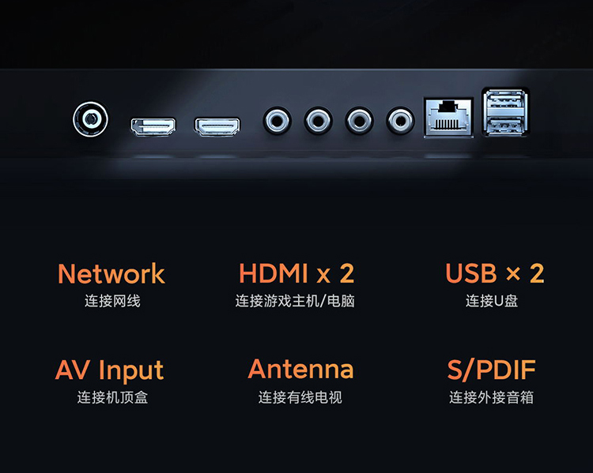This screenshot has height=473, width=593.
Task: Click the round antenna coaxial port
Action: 90,119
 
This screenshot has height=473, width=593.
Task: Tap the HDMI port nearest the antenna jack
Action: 153,126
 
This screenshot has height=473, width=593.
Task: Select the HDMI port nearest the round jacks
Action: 217,126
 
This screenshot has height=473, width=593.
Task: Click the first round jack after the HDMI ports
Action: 278,121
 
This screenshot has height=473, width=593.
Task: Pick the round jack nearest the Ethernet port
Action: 400,121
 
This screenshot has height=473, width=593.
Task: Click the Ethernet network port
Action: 449,118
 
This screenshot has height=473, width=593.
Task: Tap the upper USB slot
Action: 505,100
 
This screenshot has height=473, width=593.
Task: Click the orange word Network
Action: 111,273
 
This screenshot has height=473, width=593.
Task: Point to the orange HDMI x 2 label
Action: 296,273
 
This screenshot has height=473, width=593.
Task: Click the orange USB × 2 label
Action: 495,273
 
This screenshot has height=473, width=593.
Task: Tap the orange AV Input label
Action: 109,370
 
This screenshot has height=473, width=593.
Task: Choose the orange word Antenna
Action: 300,369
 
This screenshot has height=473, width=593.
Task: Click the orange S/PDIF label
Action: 491,370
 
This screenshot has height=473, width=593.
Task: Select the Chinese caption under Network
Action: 112,301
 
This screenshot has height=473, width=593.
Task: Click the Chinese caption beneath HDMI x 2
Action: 295,301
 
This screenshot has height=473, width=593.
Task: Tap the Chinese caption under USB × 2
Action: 492,301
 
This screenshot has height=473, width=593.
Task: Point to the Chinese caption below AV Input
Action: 112,397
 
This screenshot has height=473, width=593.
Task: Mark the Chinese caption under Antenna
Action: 300,397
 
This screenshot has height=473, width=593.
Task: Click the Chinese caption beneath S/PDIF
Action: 491,397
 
